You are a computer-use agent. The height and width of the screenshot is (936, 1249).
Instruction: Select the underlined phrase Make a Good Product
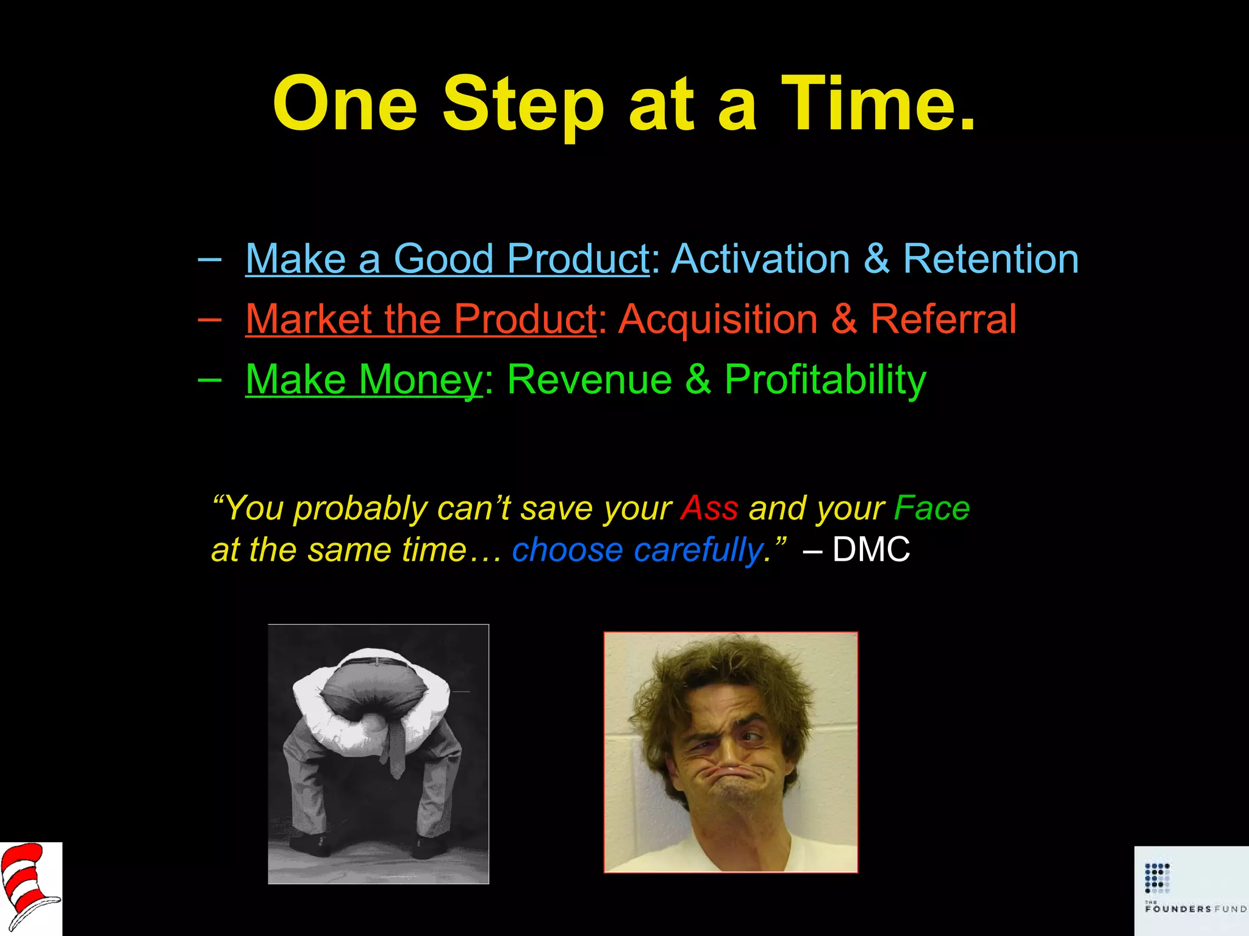coord(447,259)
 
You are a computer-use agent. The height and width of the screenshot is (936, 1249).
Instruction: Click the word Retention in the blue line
coord(990,259)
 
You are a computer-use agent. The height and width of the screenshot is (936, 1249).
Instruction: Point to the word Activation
coord(760,259)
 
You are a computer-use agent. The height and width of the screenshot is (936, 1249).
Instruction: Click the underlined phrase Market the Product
coord(421,319)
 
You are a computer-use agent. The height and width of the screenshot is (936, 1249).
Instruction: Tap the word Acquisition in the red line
coord(718,319)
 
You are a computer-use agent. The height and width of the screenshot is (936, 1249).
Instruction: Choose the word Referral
coord(943,319)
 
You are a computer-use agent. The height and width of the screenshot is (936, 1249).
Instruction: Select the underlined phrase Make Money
coord(364,380)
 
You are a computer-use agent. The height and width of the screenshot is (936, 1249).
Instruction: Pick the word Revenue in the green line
coord(589,380)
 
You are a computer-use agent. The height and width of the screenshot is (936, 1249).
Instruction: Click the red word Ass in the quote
coord(709,508)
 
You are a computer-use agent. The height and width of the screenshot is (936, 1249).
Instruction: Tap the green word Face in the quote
coord(931,508)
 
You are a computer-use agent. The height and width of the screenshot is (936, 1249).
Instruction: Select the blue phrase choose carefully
coord(637,550)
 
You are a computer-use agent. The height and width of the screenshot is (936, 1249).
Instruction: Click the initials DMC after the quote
coord(871,550)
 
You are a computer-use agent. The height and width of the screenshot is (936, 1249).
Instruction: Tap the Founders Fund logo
coord(1191,890)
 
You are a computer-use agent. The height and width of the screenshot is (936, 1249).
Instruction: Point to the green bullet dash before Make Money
coord(210,380)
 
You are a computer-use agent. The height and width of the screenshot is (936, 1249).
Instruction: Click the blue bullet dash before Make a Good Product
coord(210,259)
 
